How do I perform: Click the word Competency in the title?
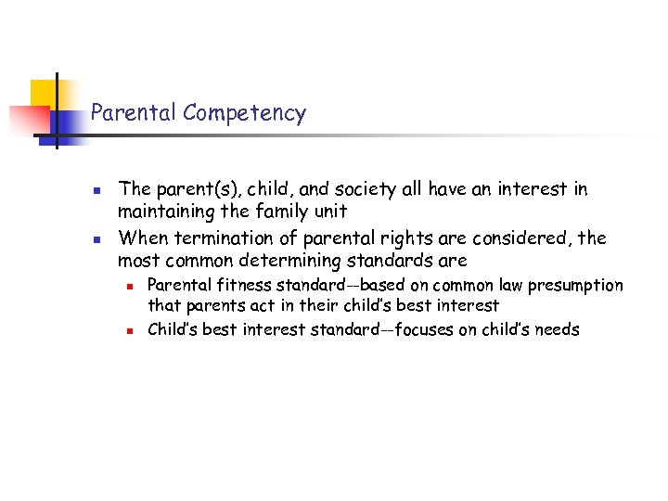click(244, 113)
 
